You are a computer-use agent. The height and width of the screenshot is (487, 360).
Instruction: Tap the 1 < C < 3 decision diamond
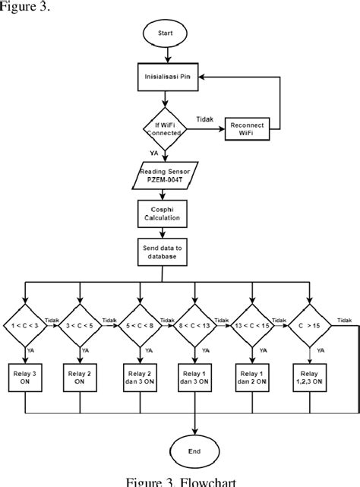click(26, 325)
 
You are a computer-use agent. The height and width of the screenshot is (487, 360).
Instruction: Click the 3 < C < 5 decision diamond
click(81, 325)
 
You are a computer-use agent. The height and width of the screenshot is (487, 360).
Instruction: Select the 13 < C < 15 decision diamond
click(253, 325)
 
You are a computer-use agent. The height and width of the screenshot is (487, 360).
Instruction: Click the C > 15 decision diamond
click(309, 325)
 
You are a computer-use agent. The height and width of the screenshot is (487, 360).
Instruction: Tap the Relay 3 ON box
click(26, 377)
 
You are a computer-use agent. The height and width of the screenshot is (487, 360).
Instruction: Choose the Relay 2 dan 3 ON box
click(140, 377)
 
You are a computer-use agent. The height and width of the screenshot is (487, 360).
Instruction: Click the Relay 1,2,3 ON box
click(309, 377)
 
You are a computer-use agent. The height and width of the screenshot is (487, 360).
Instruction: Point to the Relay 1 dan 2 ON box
click(253, 377)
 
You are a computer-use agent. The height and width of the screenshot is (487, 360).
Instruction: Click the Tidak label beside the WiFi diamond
click(204, 119)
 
